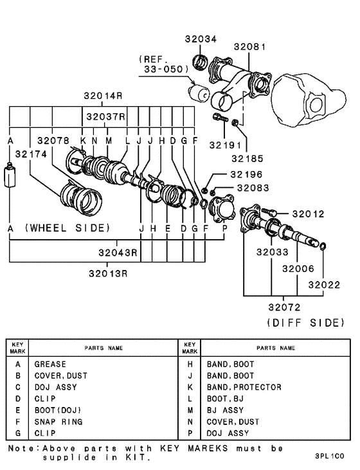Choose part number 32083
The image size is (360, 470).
click(x=252, y=188)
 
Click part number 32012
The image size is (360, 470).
click(x=308, y=213)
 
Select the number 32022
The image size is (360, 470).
click(x=323, y=284)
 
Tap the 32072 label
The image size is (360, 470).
click(x=284, y=308)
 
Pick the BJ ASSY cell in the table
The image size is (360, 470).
click(x=225, y=410)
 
